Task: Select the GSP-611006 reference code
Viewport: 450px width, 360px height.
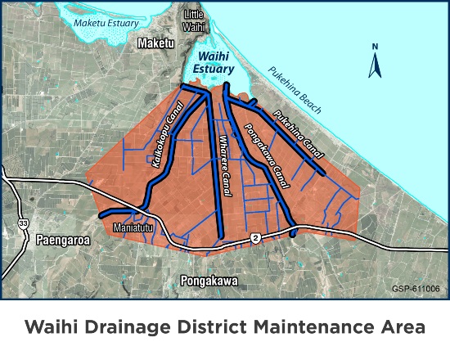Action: (416, 289)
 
